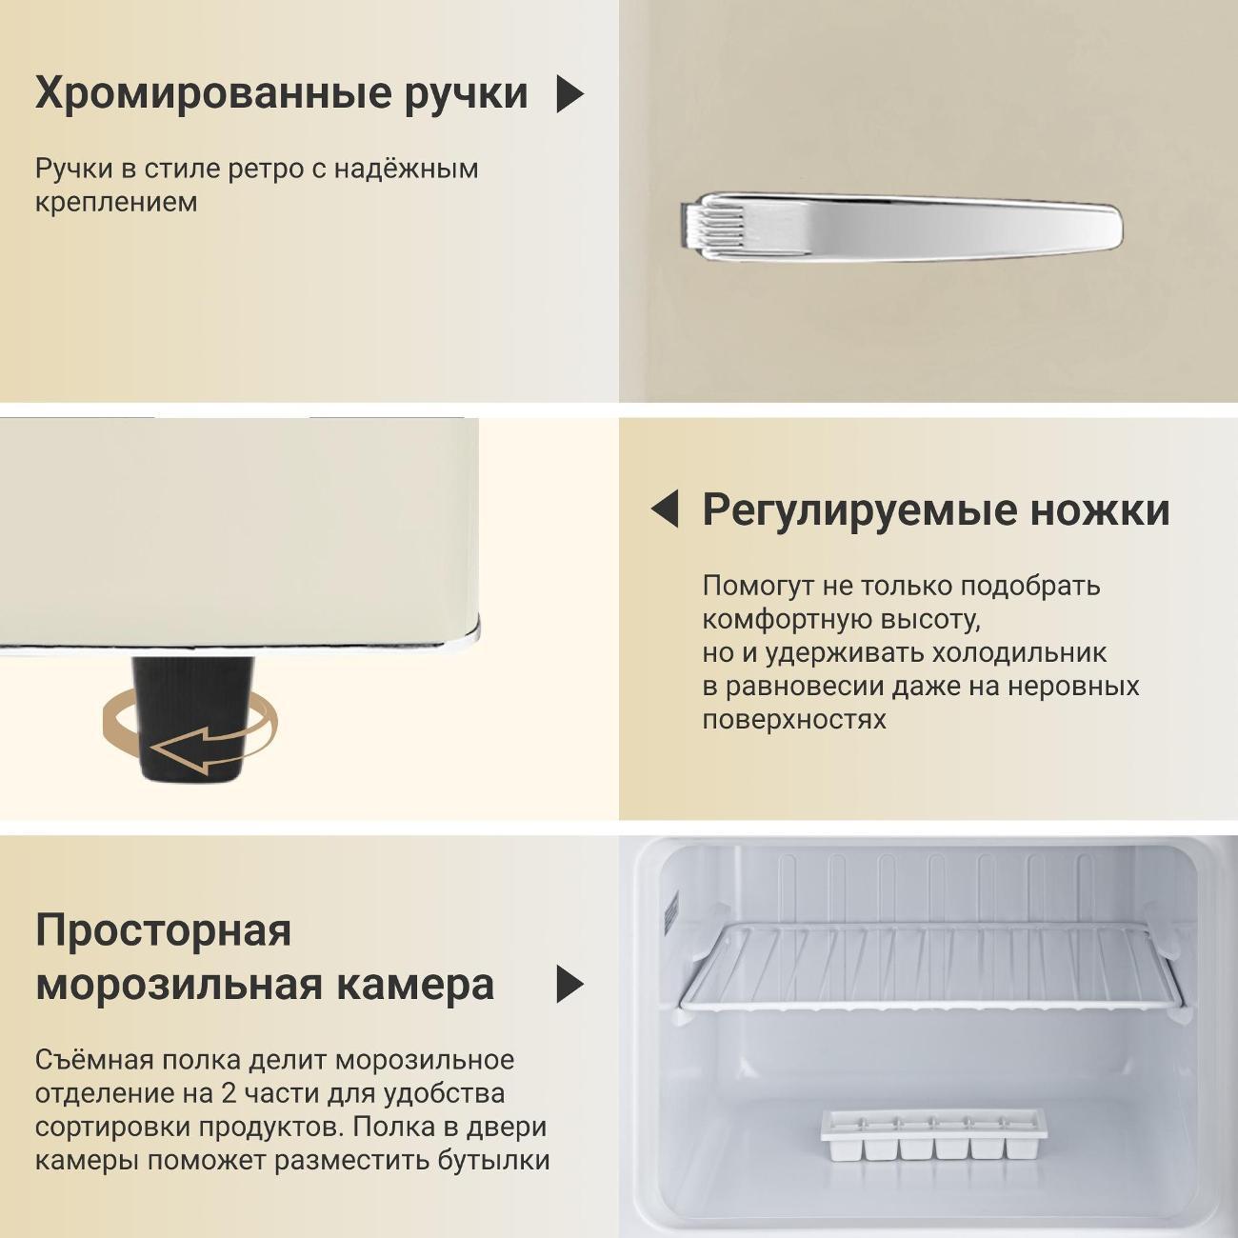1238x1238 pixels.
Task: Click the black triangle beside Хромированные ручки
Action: pos(569,94)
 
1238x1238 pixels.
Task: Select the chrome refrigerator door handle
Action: pos(901,227)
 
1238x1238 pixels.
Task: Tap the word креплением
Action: pos(116,203)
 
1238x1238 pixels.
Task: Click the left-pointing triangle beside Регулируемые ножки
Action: pos(665,509)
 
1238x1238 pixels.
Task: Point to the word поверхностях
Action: pos(794,720)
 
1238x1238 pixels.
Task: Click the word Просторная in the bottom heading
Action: pos(164,931)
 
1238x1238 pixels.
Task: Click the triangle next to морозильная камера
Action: pos(569,984)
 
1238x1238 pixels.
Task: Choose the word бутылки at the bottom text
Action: pos(494,1161)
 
